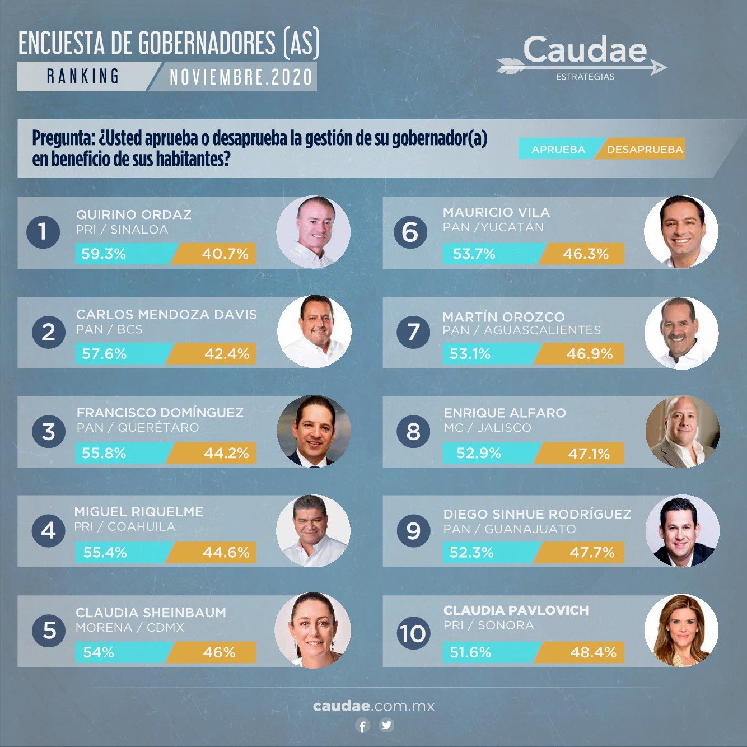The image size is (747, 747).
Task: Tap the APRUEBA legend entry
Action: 558,150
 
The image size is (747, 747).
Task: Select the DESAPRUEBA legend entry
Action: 644,150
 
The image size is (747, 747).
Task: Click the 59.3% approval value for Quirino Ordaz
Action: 104,254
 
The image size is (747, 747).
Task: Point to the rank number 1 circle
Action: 43,231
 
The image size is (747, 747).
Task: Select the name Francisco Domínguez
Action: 160,413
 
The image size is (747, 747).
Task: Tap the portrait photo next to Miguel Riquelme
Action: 313,530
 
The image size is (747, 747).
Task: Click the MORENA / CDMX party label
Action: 130,628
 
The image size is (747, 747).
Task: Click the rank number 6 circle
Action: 410,232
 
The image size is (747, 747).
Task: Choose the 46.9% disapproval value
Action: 589,354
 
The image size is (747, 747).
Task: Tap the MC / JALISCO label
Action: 487,428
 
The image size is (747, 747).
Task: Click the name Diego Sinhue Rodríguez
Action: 537,514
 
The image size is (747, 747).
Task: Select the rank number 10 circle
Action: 413,633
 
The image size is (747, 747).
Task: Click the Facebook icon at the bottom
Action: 363,726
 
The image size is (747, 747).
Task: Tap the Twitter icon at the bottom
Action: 386,726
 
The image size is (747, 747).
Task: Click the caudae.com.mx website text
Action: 373,706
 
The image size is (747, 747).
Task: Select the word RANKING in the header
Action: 83,76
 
